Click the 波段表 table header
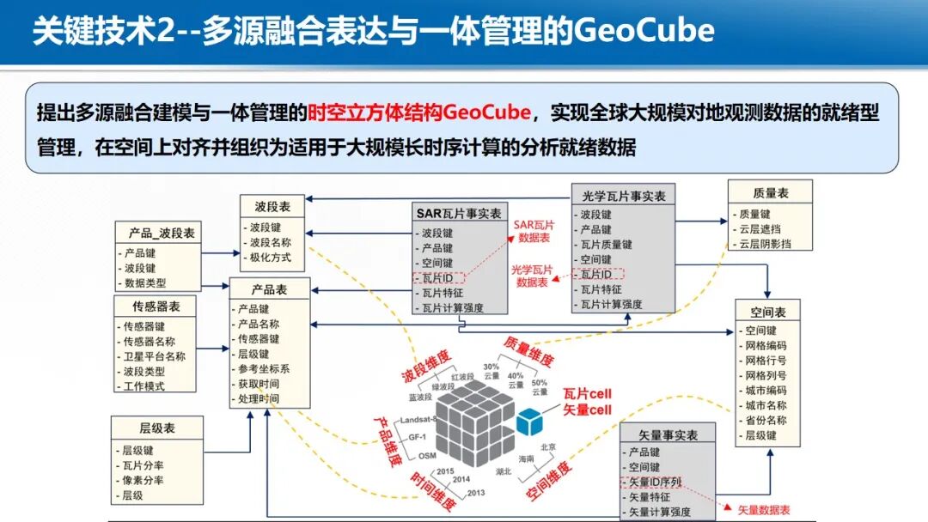click(272, 207)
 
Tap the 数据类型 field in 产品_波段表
click(145, 282)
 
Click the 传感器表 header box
click(156, 306)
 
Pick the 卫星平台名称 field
click(155, 356)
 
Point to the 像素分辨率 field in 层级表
click(143, 480)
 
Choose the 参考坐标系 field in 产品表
click(264, 369)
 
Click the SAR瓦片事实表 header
click(459, 214)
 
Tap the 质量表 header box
click(770, 193)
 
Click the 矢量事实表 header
click(669, 434)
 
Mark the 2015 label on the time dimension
click(445, 471)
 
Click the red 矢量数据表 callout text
click(767, 510)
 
